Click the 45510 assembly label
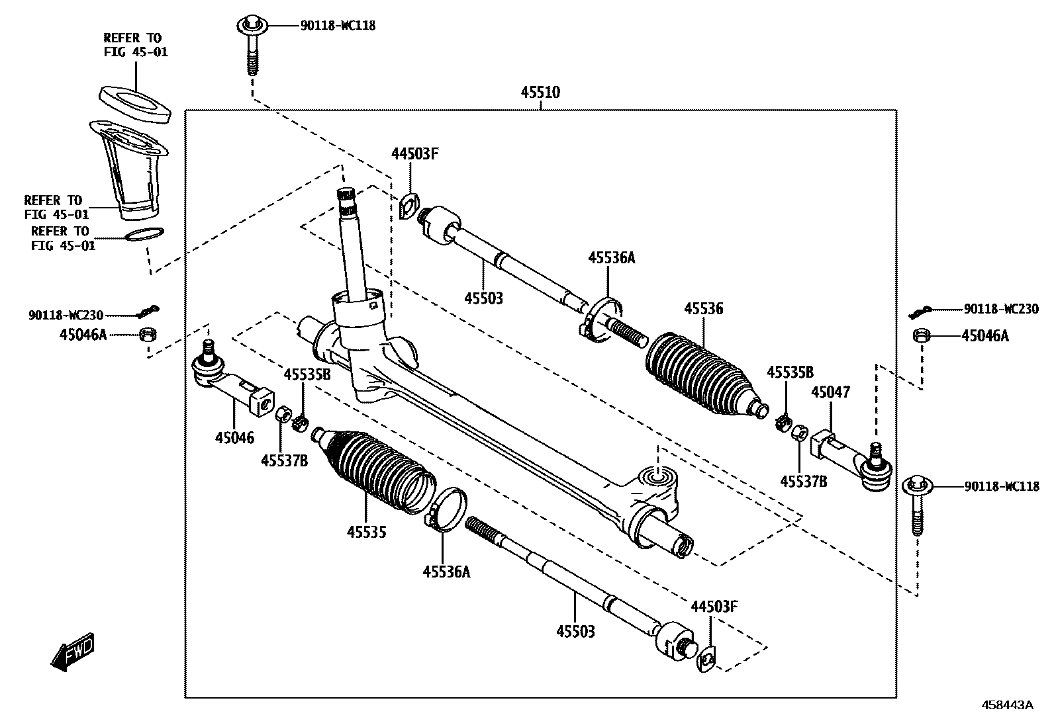click(x=540, y=93)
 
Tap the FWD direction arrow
click(x=72, y=653)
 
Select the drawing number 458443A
click(x=1006, y=705)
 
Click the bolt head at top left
click(x=252, y=26)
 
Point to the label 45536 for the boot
click(x=703, y=309)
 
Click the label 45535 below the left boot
click(x=366, y=532)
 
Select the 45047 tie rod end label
click(x=830, y=393)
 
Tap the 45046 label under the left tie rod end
click(x=234, y=437)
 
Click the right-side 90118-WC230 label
click(x=1001, y=309)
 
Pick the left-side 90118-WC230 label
click(x=66, y=316)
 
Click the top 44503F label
click(x=415, y=154)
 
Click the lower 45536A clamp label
click(x=446, y=572)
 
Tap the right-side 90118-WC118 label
click(x=1002, y=487)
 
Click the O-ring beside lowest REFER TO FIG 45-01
click(x=144, y=234)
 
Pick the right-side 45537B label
click(x=803, y=482)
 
